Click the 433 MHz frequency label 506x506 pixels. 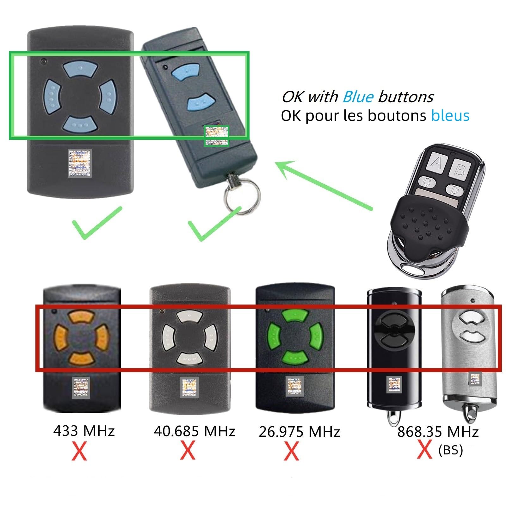(x=84, y=431)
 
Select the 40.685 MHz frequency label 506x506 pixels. (x=194, y=431)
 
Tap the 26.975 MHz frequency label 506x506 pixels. (x=299, y=432)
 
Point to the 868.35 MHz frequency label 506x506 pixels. (x=438, y=432)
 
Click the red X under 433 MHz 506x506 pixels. (x=79, y=452)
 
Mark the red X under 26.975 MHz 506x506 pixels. (x=291, y=452)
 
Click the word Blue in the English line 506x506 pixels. (x=358, y=97)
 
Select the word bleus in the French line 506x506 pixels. (x=450, y=115)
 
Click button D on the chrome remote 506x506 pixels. (x=454, y=190)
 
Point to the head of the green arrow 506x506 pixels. (x=276, y=163)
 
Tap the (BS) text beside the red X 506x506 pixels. (x=451, y=450)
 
